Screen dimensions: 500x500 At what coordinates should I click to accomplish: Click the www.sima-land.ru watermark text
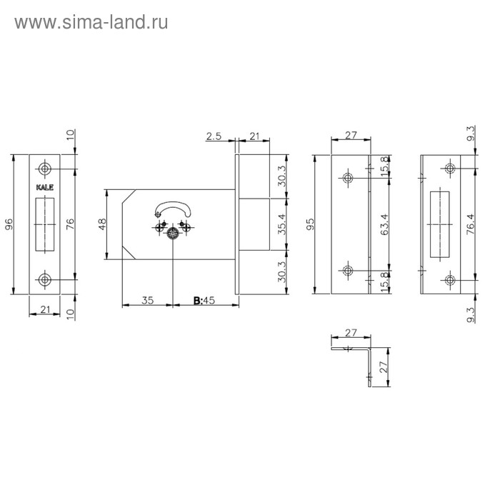pyautogui.click(x=91, y=23)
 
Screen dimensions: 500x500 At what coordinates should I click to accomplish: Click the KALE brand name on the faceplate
pyautogui.click(x=44, y=187)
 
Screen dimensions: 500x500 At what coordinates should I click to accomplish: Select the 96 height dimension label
pyautogui.click(x=9, y=224)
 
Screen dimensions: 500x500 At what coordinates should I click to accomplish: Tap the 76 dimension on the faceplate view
pyautogui.click(x=70, y=224)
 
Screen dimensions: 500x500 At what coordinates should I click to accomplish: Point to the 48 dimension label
pyautogui.click(x=102, y=224)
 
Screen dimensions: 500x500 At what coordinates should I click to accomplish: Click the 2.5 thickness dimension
pyautogui.click(x=214, y=136)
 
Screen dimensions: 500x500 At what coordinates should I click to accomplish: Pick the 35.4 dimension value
pyautogui.click(x=282, y=224)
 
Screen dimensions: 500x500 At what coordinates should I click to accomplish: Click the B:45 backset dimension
pyautogui.click(x=204, y=301)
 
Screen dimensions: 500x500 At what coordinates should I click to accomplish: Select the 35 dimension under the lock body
pyautogui.click(x=148, y=301)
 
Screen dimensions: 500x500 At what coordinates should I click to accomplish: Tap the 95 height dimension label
pyautogui.click(x=310, y=224)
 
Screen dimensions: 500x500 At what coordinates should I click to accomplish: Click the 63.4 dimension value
pyautogui.click(x=385, y=224)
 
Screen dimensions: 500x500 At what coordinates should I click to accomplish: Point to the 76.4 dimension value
pyautogui.click(x=471, y=224)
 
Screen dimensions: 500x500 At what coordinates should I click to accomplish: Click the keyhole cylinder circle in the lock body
pyautogui.click(x=173, y=234)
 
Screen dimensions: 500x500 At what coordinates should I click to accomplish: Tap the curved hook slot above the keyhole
pyautogui.click(x=173, y=209)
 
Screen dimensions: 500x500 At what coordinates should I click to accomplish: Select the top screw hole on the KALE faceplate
pyautogui.click(x=44, y=169)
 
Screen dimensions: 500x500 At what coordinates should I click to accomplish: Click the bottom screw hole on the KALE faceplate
pyautogui.click(x=44, y=280)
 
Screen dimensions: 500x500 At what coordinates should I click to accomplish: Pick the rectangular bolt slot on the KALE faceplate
pyautogui.click(x=44, y=224)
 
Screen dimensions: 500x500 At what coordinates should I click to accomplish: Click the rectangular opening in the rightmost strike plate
pyautogui.click(x=440, y=224)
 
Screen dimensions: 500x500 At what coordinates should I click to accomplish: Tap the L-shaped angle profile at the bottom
pyautogui.click(x=351, y=366)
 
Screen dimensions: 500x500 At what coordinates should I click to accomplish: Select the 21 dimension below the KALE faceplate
pyautogui.click(x=44, y=309)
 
